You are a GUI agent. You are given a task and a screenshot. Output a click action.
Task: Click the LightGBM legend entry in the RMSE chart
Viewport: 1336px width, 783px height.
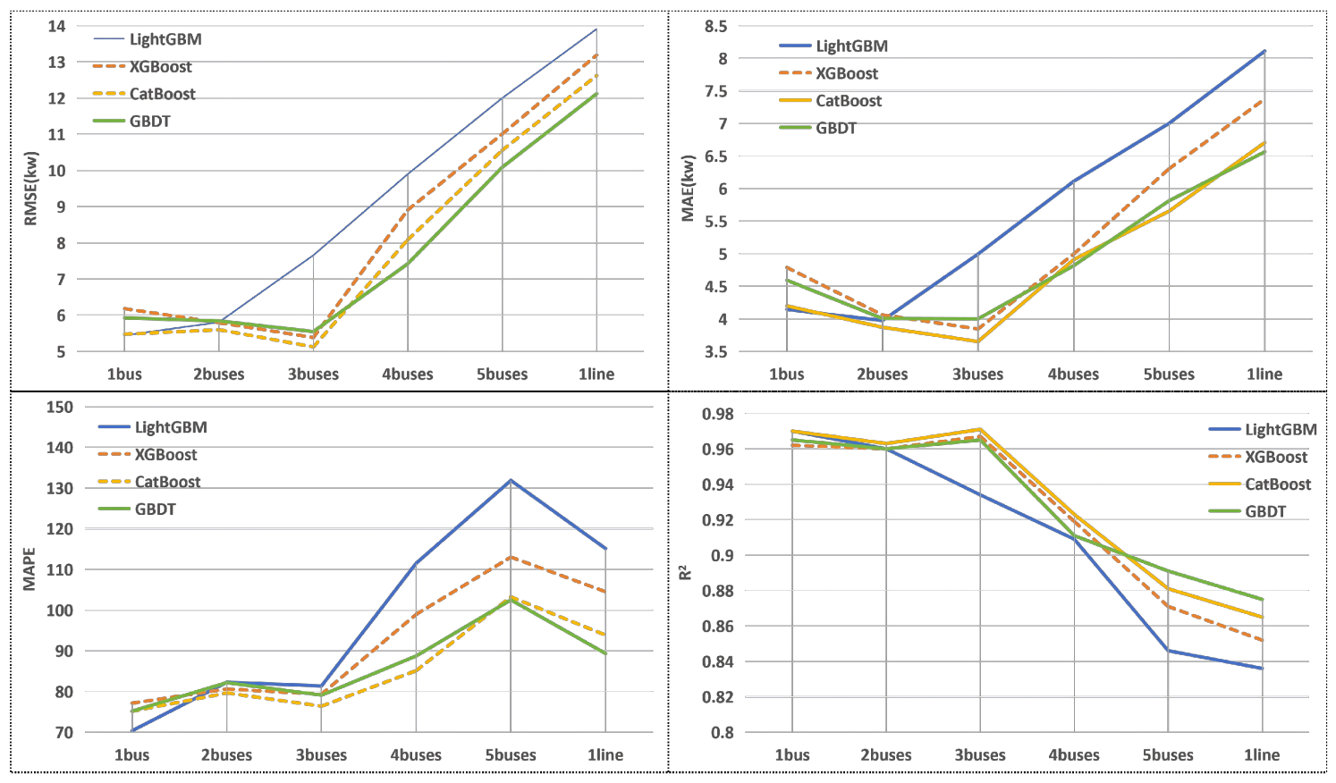point(148,39)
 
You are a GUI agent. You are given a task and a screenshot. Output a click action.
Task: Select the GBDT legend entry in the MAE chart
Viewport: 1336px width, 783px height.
point(817,128)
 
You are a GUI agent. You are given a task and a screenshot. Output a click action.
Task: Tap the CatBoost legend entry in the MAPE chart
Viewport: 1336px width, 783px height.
point(149,482)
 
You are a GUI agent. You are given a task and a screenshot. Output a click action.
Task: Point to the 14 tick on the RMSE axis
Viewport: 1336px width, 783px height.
point(57,26)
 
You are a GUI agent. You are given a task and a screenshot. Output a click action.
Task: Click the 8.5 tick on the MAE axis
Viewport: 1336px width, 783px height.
point(715,26)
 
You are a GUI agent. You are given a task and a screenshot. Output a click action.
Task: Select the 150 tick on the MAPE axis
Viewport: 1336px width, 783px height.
point(60,408)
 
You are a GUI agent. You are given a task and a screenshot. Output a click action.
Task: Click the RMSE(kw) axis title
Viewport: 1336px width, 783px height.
point(31,189)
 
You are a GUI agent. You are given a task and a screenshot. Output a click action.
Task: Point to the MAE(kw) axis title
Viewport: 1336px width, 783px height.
point(689,189)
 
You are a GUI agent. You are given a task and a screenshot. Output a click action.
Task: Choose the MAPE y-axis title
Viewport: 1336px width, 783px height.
point(30,569)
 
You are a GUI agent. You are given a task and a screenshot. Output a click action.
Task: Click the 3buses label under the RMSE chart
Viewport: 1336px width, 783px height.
point(313,374)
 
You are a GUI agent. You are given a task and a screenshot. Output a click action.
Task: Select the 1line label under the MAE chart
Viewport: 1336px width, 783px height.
point(1264,374)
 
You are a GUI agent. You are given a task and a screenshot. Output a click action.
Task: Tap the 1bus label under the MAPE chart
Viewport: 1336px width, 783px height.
point(131,755)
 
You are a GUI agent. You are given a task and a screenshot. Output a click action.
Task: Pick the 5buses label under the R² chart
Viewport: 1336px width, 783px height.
point(1168,755)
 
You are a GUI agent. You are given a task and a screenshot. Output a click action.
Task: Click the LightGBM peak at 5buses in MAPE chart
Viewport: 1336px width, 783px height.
point(511,480)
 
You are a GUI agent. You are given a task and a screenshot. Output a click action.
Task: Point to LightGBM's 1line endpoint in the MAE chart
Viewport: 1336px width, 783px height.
point(1264,51)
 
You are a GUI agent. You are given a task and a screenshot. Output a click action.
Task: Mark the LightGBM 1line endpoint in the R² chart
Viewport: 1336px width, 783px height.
point(1262,669)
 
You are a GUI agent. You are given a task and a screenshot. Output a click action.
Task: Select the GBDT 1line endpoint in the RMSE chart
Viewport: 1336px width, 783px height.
point(596,94)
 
